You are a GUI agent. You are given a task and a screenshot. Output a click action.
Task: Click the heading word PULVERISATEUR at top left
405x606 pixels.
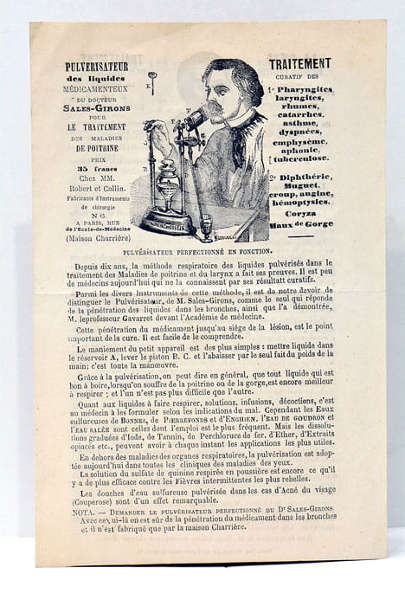pos(96,67)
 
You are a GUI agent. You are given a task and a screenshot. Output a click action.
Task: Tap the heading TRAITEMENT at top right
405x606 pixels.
pos(299,63)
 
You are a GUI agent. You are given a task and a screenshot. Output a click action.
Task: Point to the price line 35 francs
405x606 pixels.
pos(94,168)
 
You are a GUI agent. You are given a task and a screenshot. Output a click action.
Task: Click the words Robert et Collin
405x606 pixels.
pos(96,187)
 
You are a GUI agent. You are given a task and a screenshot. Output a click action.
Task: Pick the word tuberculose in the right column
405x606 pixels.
pos(302,158)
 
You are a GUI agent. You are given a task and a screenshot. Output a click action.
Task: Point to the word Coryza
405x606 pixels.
pos(300,216)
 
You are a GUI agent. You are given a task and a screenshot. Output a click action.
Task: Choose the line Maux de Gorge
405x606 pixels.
pos(300,227)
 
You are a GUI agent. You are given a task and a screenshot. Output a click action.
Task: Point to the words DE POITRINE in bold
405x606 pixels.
pos(96,148)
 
